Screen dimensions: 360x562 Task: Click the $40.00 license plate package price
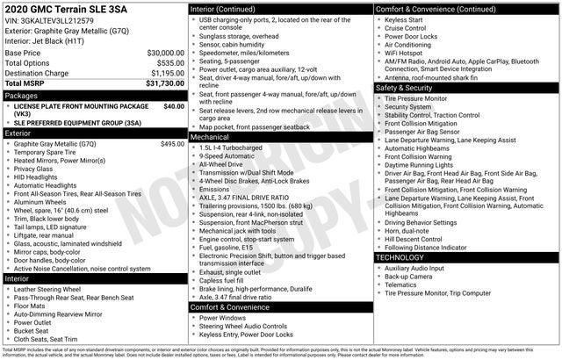174,105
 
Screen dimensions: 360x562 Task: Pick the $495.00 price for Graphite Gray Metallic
172,143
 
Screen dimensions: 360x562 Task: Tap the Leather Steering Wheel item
47,289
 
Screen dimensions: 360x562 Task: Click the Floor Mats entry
32,306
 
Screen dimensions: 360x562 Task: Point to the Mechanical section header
210,138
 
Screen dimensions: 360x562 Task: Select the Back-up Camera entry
408,276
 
